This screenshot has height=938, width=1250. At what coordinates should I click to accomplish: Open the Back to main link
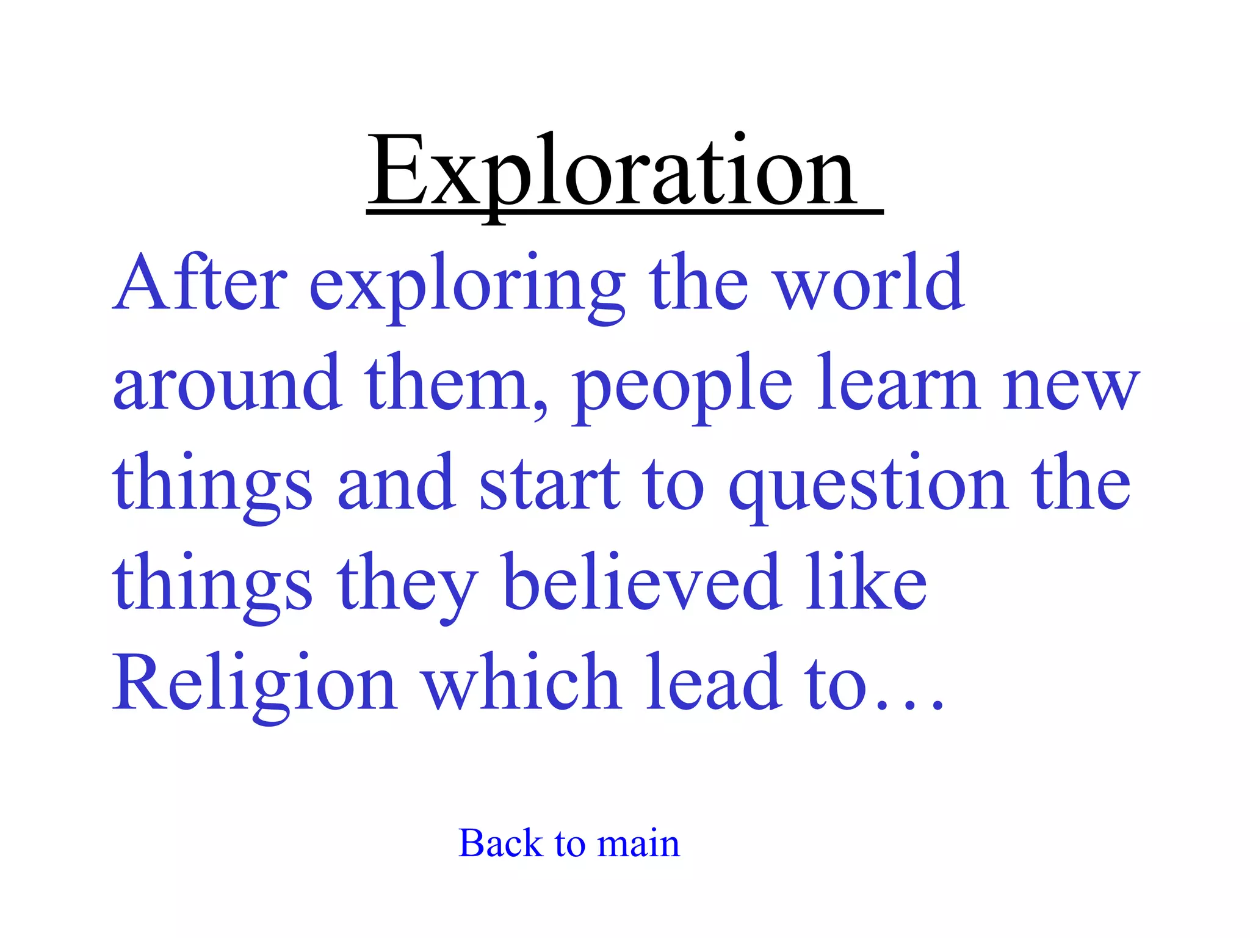[x=569, y=843]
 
